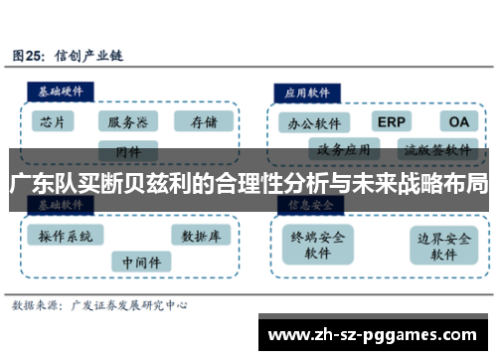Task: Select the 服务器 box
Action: (x=128, y=123)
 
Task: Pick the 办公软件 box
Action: (x=314, y=123)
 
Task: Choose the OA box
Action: (x=457, y=122)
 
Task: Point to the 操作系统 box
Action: (x=66, y=237)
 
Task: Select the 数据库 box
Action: (x=201, y=237)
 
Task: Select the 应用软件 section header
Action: (x=307, y=90)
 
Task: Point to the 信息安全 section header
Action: (x=310, y=205)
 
